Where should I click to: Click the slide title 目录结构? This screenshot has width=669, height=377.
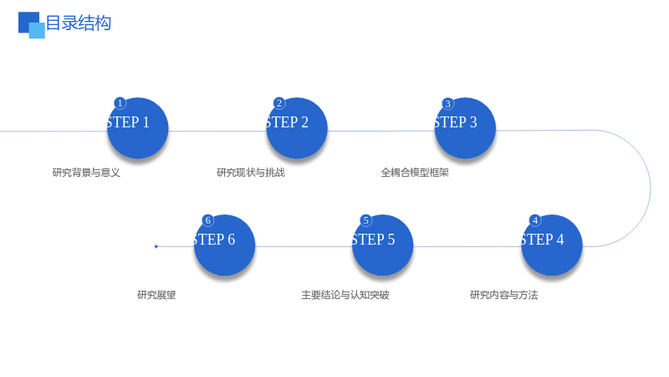(78, 23)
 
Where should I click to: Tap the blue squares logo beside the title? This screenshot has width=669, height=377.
(32, 25)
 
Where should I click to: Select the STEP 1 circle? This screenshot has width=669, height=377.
(137, 128)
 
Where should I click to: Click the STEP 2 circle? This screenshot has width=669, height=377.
(297, 128)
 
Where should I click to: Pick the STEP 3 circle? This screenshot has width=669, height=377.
(465, 128)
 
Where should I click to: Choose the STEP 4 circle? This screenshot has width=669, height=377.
(552, 245)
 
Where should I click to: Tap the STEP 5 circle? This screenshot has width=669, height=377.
(383, 245)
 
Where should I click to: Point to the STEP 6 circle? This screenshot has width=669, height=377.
(224, 245)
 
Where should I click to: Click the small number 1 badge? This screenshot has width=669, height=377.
(120, 103)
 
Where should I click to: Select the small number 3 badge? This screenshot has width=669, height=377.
(447, 103)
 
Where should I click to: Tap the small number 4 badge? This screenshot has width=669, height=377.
(535, 220)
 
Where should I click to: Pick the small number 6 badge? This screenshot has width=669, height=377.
(207, 220)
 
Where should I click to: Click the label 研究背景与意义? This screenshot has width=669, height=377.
(86, 173)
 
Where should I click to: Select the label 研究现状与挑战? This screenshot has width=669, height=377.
(251, 173)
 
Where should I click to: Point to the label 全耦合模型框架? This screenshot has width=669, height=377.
(415, 173)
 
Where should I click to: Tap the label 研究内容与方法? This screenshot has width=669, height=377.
(504, 295)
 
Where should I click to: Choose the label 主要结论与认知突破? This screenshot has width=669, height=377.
(345, 295)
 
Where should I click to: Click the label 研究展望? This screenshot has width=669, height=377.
(156, 295)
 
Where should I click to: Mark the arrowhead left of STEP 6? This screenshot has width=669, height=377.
(156, 246)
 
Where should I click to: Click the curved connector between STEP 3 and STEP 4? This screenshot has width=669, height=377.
(651, 188)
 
